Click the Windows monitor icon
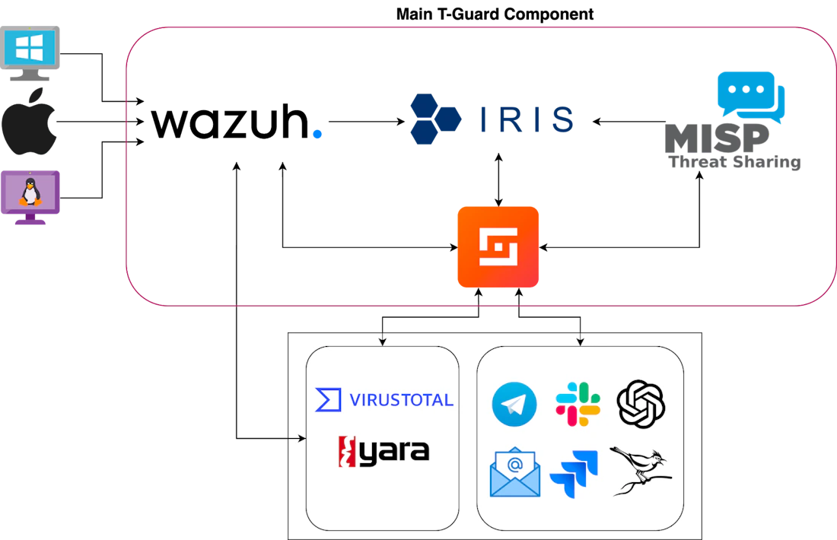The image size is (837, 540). [30, 52]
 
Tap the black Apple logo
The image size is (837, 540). [29, 121]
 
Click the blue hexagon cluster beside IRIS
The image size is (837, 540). [435, 119]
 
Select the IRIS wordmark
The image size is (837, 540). [527, 119]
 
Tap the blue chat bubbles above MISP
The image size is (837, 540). [751, 95]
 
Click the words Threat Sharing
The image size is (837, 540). [734, 162]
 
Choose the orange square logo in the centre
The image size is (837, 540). [498, 246]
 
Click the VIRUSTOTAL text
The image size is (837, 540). [401, 399]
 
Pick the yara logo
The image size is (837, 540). [383, 452]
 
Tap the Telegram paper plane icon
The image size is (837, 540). [514, 404]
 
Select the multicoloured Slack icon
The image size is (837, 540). [578, 404]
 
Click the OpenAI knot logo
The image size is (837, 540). [641, 404]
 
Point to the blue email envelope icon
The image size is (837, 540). [514, 472]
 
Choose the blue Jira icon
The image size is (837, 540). [574, 474]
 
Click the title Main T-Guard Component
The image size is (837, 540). [495, 14]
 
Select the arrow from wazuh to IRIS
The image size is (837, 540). [367, 122]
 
